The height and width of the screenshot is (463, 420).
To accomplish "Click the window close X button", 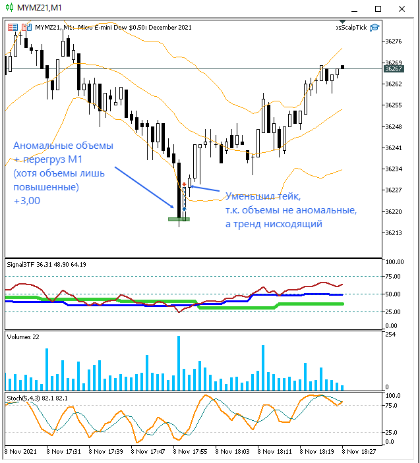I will point(404,9).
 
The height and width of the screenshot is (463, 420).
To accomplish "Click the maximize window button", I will point(378,9).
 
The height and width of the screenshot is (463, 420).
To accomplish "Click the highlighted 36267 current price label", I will point(393,68).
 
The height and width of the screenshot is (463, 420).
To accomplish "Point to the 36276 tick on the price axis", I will point(393,41).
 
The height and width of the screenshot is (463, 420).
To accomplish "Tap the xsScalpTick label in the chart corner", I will point(351,27).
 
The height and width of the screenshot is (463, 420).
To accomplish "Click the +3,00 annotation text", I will point(27,201).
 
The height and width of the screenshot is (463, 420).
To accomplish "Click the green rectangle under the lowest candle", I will point(179,219).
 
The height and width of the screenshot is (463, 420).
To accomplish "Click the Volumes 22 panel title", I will point(23,337).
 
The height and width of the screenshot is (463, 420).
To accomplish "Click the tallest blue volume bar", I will point(179,362).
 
